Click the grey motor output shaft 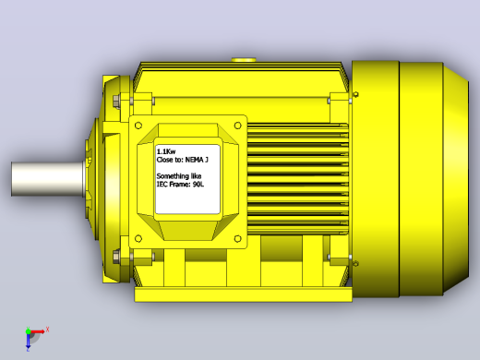tap(49, 179)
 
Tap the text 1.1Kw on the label tap(166, 151)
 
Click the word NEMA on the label tap(194, 160)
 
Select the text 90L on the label tap(198, 185)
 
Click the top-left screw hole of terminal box tap(138, 126)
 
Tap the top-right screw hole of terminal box tap(238, 126)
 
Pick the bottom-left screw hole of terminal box tap(138, 238)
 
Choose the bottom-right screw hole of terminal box tap(238, 238)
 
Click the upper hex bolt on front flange tap(116, 101)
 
